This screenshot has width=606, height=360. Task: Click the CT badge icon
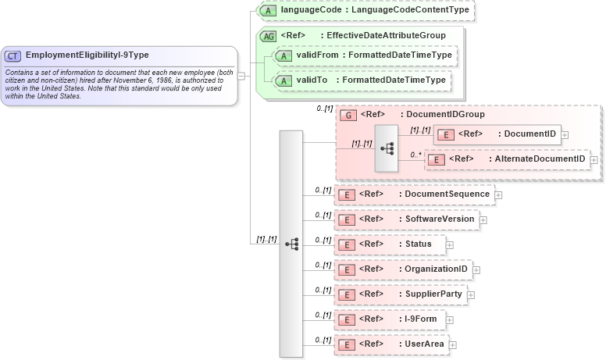(14, 55)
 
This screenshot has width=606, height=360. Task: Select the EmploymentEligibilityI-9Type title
(87, 55)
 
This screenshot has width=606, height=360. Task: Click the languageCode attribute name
(310, 11)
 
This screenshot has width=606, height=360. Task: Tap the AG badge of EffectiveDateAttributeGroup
(268, 36)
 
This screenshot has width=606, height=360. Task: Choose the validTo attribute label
(312, 80)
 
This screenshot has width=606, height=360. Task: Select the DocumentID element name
(530, 134)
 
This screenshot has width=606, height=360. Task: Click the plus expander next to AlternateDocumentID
(594, 159)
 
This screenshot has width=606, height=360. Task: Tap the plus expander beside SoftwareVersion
(483, 219)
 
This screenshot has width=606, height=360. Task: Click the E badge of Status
(346, 244)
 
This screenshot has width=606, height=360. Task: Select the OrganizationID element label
(436, 269)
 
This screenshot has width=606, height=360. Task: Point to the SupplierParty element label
(434, 294)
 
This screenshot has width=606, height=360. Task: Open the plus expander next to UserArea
(453, 344)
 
